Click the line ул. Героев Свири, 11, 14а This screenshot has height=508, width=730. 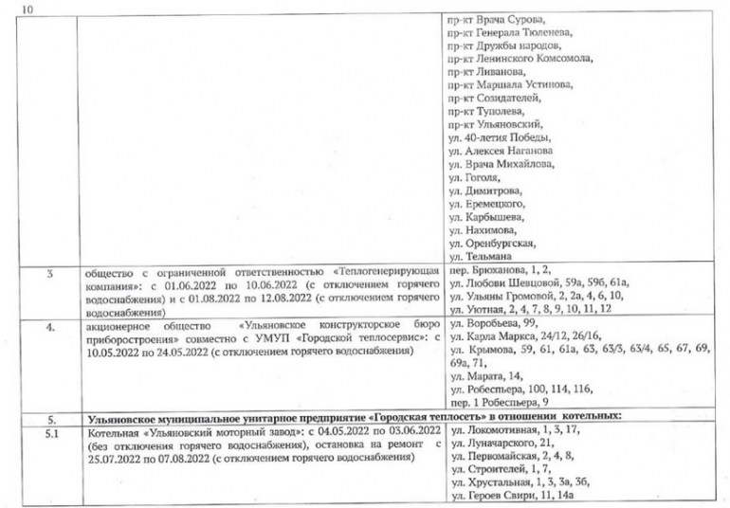pos(511,497)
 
